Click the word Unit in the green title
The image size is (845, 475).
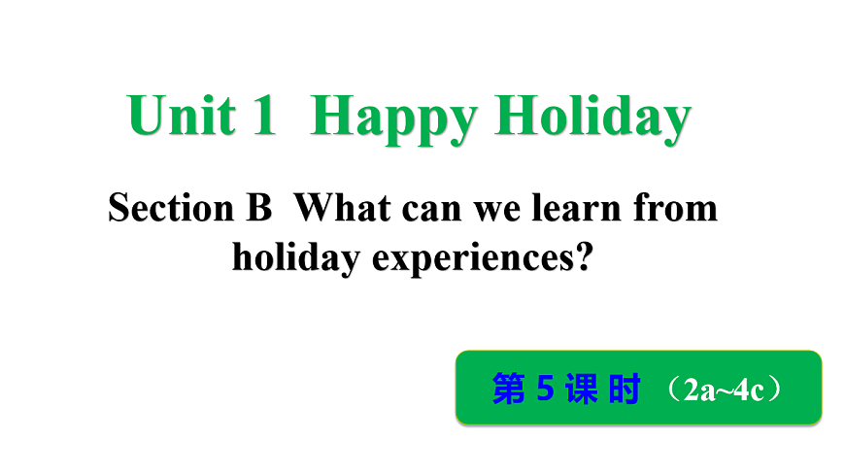[x=182, y=117]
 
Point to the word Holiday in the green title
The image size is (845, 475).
[x=592, y=119]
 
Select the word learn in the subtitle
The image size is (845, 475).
[x=555, y=207]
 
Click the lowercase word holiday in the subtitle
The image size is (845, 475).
[x=290, y=257]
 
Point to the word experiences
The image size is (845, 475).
[x=468, y=259]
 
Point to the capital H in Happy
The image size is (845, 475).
[x=334, y=117]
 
